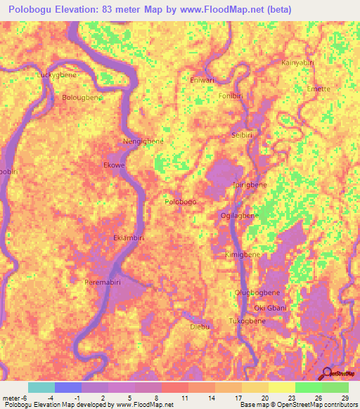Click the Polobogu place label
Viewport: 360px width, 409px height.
[180, 202]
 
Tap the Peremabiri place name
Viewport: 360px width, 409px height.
[106, 282]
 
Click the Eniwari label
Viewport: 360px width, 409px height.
[202, 80]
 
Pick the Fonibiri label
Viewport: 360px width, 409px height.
[231, 96]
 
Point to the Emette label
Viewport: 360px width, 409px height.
[319, 89]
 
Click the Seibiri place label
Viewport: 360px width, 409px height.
[243, 134]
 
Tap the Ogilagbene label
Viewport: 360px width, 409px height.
[240, 215]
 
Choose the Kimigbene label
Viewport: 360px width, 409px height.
[243, 254]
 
